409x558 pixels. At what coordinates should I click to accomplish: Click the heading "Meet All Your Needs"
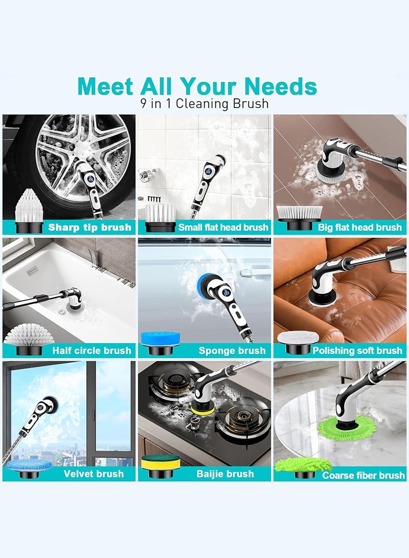(x=197, y=86)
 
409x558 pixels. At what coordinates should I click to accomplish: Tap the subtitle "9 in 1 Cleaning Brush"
(x=204, y=104)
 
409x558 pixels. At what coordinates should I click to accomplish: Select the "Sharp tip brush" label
(x=89, y=228)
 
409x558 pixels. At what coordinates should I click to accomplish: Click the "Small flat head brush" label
(x=223, y=228)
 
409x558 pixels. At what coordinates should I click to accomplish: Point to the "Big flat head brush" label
(x=359, y=228)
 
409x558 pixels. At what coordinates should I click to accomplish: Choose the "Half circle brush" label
(x=92, y=351)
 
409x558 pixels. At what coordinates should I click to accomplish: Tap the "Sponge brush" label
(x=232, y=351)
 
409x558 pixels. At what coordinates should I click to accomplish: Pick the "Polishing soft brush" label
(x=357, y=351)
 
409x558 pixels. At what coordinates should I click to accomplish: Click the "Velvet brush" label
(x=94, y=474)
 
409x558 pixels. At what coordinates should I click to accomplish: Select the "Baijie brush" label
(x=225, y=474)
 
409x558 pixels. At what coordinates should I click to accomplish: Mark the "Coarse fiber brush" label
(x=363, y=476)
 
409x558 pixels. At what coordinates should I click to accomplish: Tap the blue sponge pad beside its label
(x=158, y=339)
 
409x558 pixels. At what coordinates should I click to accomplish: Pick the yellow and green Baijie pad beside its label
(x=158, y=462)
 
